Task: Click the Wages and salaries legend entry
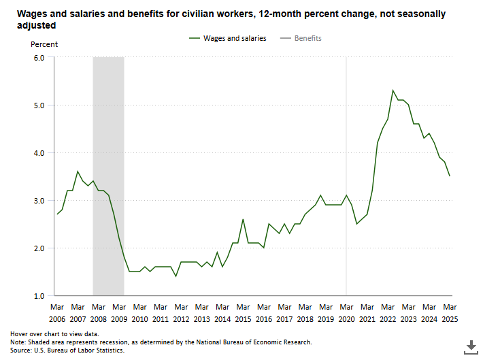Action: tap(227, 38)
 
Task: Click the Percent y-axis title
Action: tap(44, 44)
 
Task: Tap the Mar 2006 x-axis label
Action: tap(57, 313)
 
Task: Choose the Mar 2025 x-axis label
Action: tap(450, 313)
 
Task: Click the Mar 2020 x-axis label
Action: tap(346, 313)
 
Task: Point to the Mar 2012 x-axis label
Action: tap(181, 313)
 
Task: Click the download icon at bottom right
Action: tap(470, 346)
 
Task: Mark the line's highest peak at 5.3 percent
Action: tap(393, 91)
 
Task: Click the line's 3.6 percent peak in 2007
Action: tap(78, 171)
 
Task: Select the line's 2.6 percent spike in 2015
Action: tap(243, 219)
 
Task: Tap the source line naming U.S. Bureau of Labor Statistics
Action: tap(67, 350)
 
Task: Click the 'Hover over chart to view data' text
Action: tap(54, 334)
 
